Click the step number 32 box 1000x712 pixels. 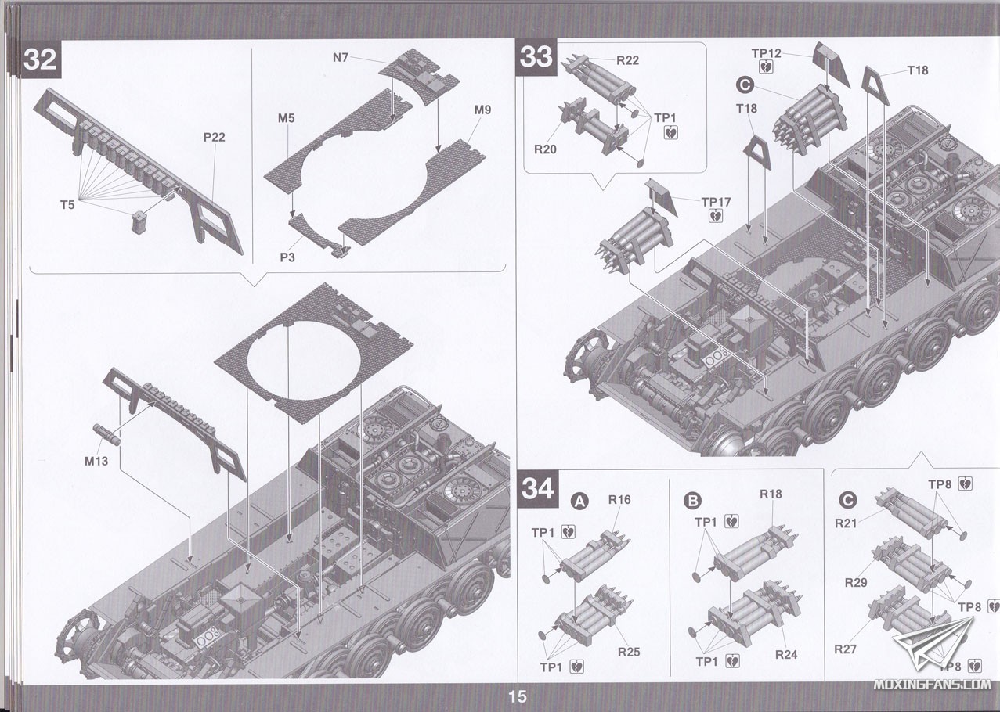(40, 59)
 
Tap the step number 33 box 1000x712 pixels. (536, 57)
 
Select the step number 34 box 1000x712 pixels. (538, 488)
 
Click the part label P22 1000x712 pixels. (214, 137)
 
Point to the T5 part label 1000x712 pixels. (68, 205)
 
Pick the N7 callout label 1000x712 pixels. (341, 57)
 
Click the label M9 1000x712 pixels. (482, 110)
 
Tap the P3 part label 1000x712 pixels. (287, 257)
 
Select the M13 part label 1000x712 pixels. (96, 461)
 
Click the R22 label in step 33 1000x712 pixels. (627, 60)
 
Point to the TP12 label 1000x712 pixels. (767, 53)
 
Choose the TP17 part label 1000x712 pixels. (716, 202)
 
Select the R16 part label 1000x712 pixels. (619, 499)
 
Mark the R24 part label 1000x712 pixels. (785, 655)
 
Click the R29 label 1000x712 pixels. (856, 583)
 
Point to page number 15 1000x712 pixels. (518, 696)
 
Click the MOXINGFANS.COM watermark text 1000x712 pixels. (932, 684)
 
